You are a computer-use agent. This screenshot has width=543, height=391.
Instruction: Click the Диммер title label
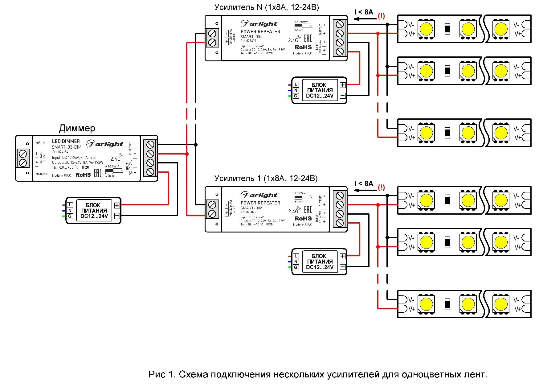pyautogui.click(x=77, y=128)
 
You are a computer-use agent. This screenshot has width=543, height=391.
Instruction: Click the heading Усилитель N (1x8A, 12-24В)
pyautogui.click(x=267, y=7)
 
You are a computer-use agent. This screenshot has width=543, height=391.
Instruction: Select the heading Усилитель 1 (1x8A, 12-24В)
pyautogui.click(x=266, y=178)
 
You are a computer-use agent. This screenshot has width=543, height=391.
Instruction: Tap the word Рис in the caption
pyautogui.click(x=157, y=374)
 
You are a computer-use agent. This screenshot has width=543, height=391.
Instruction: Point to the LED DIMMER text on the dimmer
pyautogui.click(x=66, y=141)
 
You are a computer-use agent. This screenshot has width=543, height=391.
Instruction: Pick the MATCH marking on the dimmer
pyautogui.click(x=42, y=174)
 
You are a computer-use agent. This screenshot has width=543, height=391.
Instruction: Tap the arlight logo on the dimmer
pyautogui.click(x=105, y=144)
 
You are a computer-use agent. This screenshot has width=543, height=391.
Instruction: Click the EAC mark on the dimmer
pyautogui.click(x=97, y=173)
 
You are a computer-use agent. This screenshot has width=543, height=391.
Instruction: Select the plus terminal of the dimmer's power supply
pyautogui.click(x=117, y=205)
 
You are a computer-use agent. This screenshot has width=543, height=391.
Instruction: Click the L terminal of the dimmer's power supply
pyautogui.click(x=70, y=205)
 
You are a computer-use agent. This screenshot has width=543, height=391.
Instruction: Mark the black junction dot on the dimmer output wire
pyautogui.click(x=196, y=145)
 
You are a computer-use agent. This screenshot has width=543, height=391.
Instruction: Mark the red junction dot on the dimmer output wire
pyautogui.click(x=187, y=154)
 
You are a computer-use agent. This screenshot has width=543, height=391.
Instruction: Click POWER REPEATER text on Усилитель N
pyautogui.click(x=260, y=31)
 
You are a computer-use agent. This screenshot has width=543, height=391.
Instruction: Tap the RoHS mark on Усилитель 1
pyautogui.click(x=303, y=218)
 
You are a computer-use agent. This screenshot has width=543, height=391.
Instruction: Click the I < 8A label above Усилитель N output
pyautogui.click(x=364, y=12)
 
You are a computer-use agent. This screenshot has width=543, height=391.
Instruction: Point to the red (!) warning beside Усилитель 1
pyautogui.click(x=381, y=187)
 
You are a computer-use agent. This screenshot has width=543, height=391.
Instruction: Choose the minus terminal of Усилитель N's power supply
pyautogui.click(x=343, y=96)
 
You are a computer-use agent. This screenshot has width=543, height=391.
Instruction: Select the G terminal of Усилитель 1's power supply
pyautogui.click(x=296, y=267)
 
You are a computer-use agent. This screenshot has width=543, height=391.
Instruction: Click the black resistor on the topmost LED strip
pyautogui.click(x=447, y=29)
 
